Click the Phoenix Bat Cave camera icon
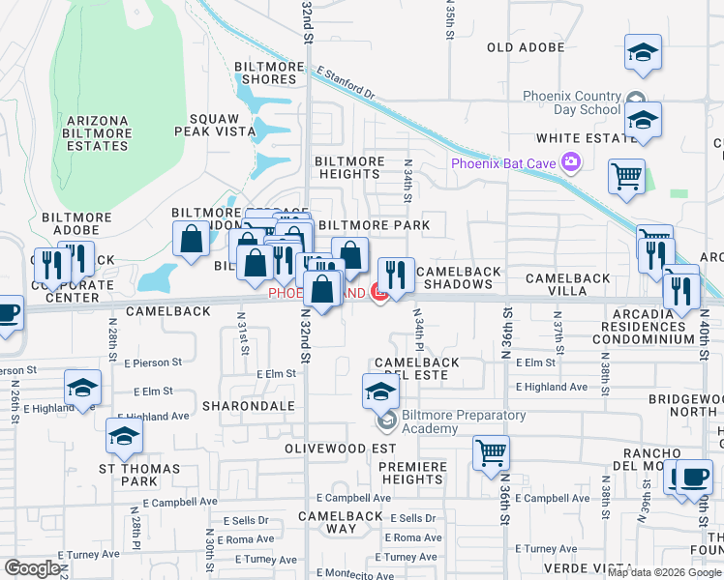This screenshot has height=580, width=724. (571, 162)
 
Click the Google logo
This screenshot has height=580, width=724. (32, 568)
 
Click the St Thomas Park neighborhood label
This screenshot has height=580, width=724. (128, 474)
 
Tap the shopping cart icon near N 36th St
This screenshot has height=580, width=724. (492, 451)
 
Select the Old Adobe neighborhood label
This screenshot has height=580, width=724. (526, 46)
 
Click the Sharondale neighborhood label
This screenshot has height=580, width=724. (248, 406)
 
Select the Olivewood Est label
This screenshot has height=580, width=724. (340, 449)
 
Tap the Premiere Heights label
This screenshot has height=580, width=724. (412, 473)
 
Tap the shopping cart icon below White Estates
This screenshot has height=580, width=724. (627, 177)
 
